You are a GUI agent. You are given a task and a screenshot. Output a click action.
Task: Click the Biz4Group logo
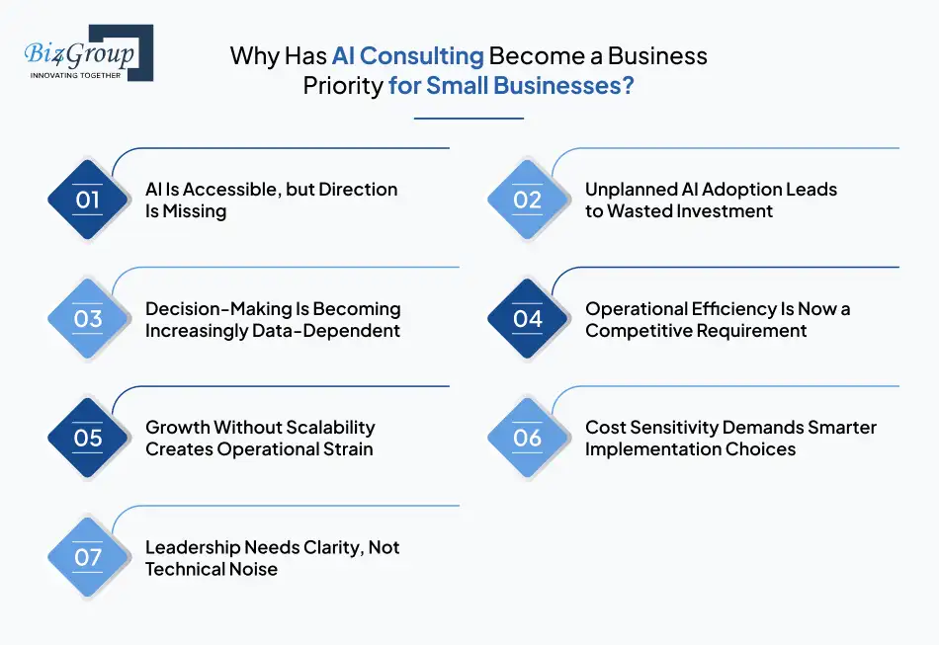click(87, 51)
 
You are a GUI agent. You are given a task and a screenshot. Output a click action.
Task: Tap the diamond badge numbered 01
click(88, 201)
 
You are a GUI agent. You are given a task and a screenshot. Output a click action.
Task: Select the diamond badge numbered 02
click(528, 201)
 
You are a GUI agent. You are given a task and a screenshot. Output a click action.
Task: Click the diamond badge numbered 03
click(88, 319)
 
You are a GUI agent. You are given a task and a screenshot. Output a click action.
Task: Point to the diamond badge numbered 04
click(528, 319)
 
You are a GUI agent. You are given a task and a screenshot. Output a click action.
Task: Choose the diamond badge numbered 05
click(88, 439)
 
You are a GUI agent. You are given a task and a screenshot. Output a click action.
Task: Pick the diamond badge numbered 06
click(528, 439)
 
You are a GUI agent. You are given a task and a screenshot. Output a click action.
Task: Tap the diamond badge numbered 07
click(88, 558)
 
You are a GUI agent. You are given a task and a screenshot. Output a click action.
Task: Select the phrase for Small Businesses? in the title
click(511, 86)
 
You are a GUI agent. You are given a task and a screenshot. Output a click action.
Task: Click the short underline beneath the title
click(469, 119)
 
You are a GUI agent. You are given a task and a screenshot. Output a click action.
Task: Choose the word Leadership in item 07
click(192, 547)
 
